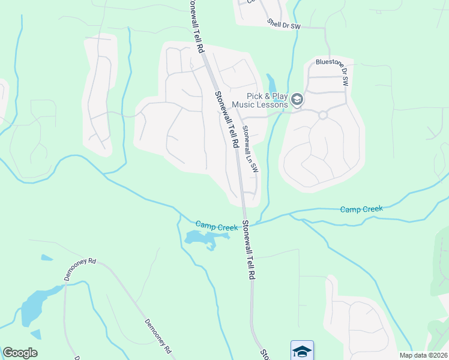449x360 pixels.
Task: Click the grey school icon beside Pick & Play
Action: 297,100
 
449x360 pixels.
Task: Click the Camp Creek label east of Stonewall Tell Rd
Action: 361,209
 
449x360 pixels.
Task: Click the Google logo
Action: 20,353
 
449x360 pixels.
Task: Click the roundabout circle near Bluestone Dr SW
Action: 322,115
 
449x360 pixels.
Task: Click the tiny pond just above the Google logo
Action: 36,334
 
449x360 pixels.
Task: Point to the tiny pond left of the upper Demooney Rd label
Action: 46,258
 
